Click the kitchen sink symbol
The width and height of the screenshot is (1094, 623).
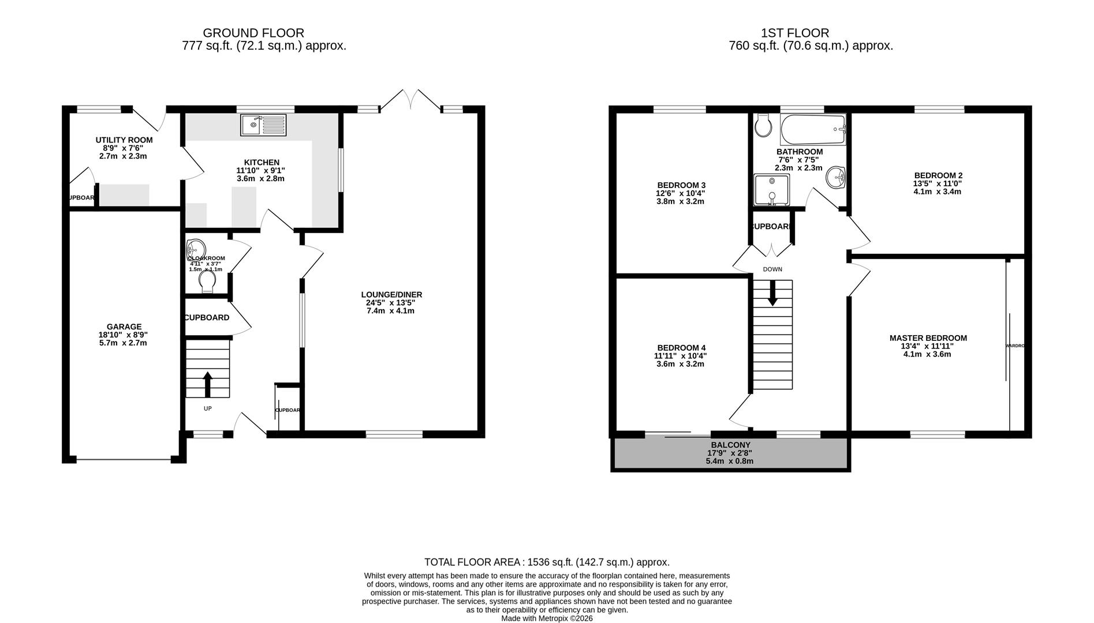click(x=263, y=125)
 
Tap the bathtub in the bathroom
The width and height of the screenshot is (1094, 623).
click(x=812, y=130)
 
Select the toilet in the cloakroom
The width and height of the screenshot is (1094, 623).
click(x=207, y=280)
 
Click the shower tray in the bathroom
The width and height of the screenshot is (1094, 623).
click(x=771, y=190)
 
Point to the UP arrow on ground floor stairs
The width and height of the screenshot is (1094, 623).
click(x=208, y=384)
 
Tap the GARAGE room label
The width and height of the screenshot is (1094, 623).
click(x=124, y=326)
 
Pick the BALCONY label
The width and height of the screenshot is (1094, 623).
click(x=730, y=445)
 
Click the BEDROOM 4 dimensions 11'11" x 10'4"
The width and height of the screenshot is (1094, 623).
click(x=681, y=356)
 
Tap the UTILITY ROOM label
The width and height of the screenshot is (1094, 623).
click(x=124, y=140)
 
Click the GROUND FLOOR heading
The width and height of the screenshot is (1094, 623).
click(x=253, y=33)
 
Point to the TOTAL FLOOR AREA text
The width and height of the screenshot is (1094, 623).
click(x=547, y=562)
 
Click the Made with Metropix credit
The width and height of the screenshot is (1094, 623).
click(x=547, y=618)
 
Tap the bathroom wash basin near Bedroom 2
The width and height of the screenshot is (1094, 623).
click(x=835, y=177)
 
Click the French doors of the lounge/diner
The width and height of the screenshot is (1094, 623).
click(x=410, y=100)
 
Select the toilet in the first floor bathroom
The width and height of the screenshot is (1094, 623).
click(x=763, y=125)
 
